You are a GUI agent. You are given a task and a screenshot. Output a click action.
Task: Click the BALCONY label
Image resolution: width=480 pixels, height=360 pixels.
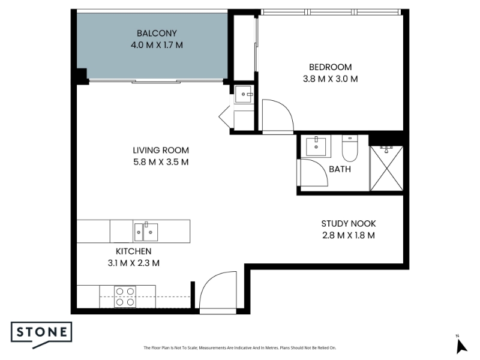click(x=157, y=33)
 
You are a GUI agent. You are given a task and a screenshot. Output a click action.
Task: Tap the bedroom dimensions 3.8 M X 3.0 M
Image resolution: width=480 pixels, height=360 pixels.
click(x=331, y=79)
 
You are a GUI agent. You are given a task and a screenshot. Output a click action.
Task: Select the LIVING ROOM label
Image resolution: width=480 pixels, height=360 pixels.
click(x=161, y=151)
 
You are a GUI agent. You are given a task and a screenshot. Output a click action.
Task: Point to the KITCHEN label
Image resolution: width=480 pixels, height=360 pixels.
click(x=133, y=251)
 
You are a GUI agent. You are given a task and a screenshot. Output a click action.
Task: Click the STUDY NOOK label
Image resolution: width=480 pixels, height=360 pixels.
click(x=349, y=224)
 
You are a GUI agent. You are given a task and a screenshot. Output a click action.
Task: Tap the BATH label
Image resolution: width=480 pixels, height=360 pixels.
click(x=340, y=169)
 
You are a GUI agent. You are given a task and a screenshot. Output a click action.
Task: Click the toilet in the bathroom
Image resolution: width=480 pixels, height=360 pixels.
click(x=350, y=148)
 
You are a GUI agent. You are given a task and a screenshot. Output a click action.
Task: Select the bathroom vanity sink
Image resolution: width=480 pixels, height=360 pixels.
click(x=316, y=146)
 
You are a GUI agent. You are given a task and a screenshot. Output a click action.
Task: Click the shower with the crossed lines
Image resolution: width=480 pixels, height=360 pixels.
click(x=386, y=169)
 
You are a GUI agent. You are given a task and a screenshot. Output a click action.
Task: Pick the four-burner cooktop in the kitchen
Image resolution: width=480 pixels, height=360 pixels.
click(x=125, y=296)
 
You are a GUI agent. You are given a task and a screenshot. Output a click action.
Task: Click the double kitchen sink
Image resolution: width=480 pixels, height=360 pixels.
click(x=146, y=232)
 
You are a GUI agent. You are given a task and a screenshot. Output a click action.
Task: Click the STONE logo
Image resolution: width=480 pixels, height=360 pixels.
click(x=41, y=335)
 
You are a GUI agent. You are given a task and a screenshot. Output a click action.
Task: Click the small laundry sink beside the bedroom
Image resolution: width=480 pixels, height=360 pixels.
click(x=244, y=94)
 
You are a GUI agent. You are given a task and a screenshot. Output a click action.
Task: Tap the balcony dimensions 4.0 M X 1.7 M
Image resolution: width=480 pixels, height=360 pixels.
click(x=157, y=46)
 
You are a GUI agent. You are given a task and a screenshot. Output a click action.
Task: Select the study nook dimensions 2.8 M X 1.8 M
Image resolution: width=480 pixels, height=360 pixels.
click(x=349, y=235)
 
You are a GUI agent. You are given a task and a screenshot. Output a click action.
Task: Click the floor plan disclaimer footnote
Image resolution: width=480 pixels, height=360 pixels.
click(x=239, y=348)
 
